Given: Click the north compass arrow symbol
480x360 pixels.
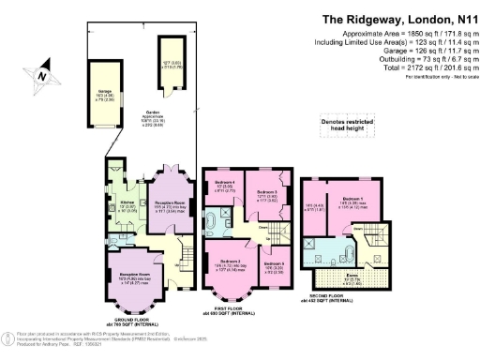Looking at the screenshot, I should [x=40, y=70].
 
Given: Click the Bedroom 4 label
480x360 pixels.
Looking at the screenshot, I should [x=223, y=182].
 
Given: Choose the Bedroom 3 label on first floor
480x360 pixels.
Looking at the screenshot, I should [x=265, y=193].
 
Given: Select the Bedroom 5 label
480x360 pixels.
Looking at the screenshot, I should [x=274, y=264].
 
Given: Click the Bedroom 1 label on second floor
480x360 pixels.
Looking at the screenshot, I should [x=352, y=200].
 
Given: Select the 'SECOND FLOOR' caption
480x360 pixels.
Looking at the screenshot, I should [x=328, y=299].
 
